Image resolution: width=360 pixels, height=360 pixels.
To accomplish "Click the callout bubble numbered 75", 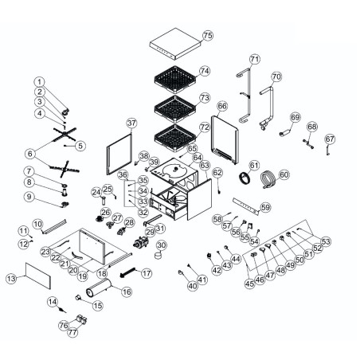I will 208,36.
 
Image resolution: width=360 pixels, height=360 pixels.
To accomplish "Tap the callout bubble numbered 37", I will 132,123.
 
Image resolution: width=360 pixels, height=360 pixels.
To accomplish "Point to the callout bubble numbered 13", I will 10,279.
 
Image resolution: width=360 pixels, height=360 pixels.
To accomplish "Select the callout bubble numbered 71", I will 255,59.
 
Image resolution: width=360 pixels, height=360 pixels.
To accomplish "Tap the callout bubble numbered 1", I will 40,81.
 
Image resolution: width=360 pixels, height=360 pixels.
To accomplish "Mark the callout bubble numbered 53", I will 325,241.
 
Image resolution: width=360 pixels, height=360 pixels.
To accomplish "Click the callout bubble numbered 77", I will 73,334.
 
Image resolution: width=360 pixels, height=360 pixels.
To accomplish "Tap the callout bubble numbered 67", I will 330,139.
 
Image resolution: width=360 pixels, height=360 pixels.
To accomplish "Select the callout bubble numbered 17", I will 146,273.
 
